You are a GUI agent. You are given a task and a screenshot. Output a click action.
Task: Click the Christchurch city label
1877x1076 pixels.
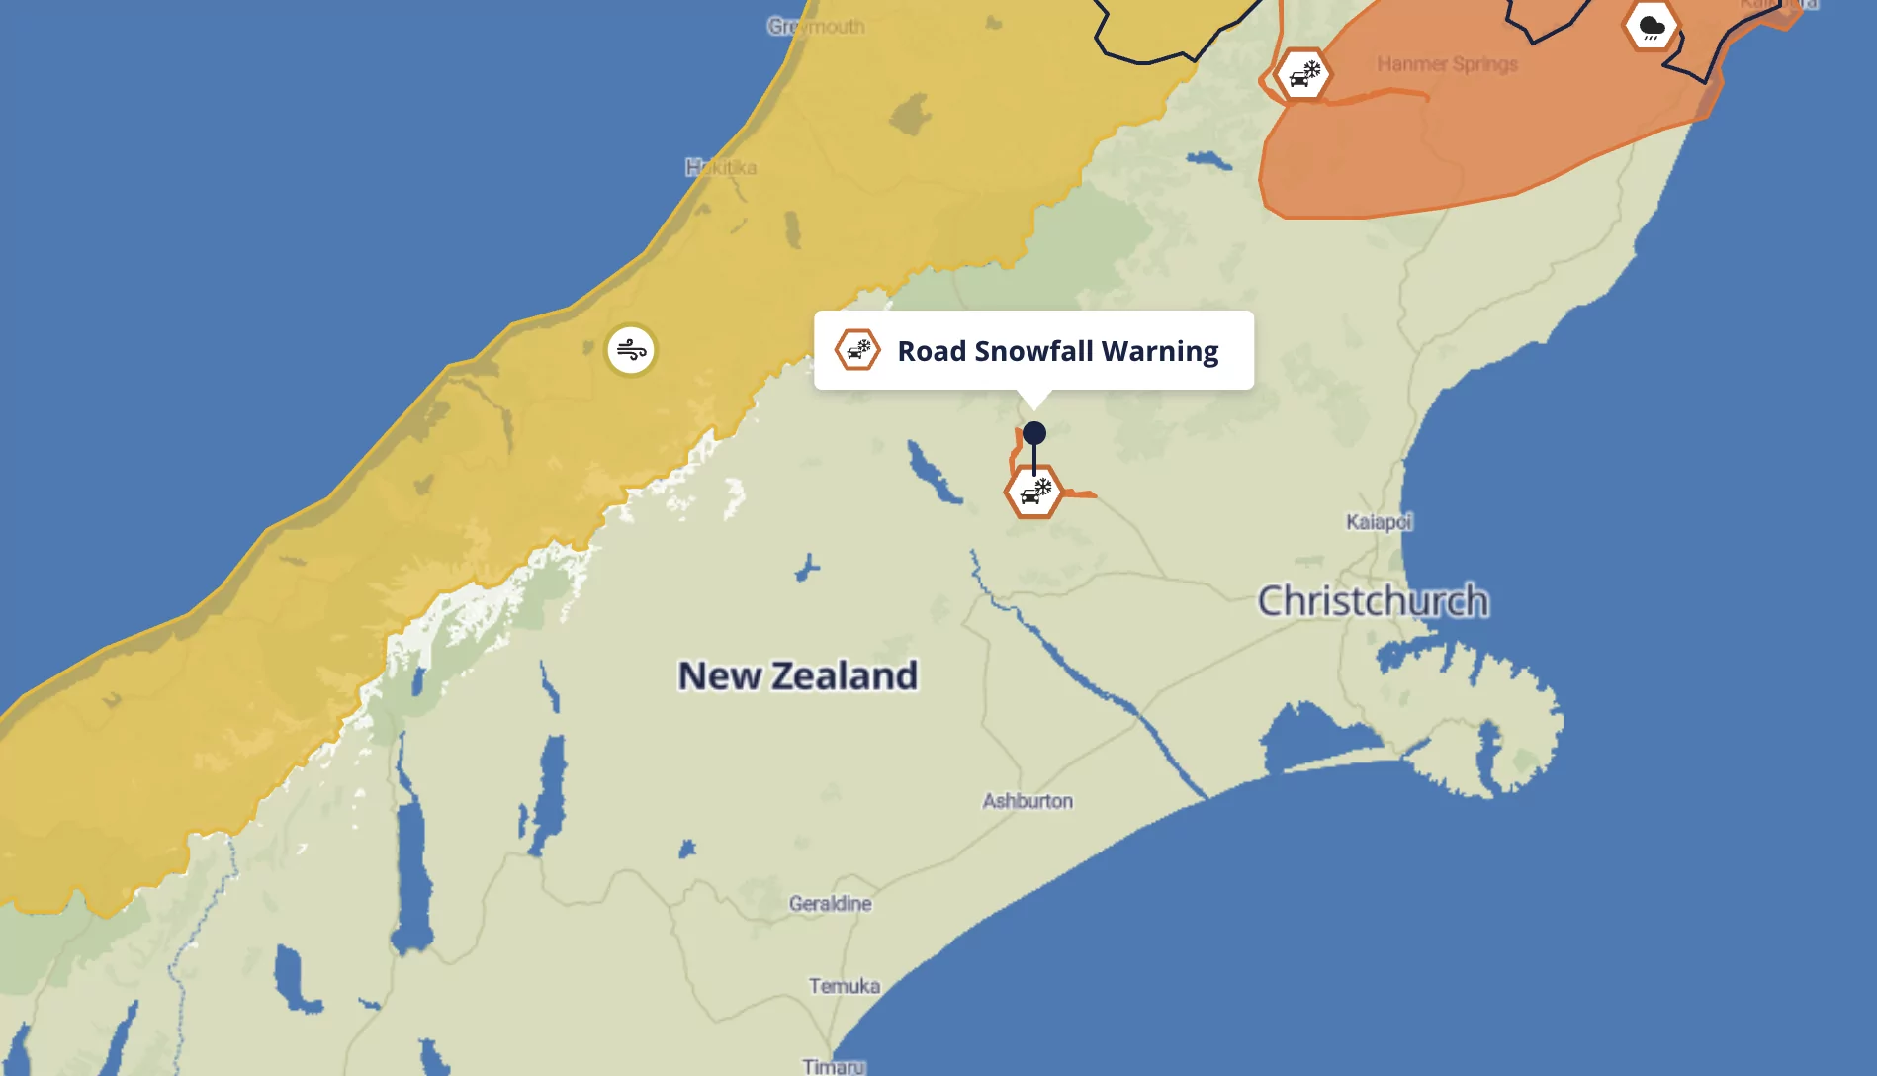(x=1373, y=601)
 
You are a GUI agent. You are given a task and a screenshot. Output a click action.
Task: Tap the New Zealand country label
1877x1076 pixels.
(x=797, y=676)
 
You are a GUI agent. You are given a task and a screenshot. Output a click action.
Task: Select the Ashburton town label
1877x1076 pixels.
(x=1028, y=801)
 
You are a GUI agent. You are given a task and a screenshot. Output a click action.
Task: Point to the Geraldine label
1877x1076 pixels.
(x=831, y=903)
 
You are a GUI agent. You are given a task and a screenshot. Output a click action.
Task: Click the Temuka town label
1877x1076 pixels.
(x=844, y=986)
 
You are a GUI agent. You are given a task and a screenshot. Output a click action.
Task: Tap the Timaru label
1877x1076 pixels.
(x=834, y=1066)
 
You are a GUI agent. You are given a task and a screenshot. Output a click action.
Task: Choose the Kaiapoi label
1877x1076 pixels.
(x=1379, y=521)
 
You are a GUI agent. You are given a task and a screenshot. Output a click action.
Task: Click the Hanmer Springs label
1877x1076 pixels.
(x=1447, y=64)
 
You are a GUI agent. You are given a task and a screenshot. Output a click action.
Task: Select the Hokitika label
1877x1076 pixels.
(x=721, y=167)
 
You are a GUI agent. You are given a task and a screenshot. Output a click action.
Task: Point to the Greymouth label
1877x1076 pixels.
(x=816, y=27)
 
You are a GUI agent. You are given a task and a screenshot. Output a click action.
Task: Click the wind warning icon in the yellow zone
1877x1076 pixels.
(x=631, y=350)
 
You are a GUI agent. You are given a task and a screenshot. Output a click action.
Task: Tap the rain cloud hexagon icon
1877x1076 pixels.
(x=1651, y=27)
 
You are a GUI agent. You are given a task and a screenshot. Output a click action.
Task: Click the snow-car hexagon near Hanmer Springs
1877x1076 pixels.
(x=1303, y=75)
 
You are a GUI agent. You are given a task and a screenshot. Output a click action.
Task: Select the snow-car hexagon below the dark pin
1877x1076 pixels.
(x=1033, y=492)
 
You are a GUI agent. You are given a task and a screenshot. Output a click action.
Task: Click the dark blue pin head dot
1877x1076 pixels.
(x=1034, y=433)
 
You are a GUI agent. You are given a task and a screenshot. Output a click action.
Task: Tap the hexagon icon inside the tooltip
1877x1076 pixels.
(x=857, y=350)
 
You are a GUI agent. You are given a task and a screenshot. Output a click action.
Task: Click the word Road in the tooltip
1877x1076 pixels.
(x=931, y=351)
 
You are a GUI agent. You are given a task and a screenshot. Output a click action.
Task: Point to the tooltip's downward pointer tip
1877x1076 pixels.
(x=1034, y=406)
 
